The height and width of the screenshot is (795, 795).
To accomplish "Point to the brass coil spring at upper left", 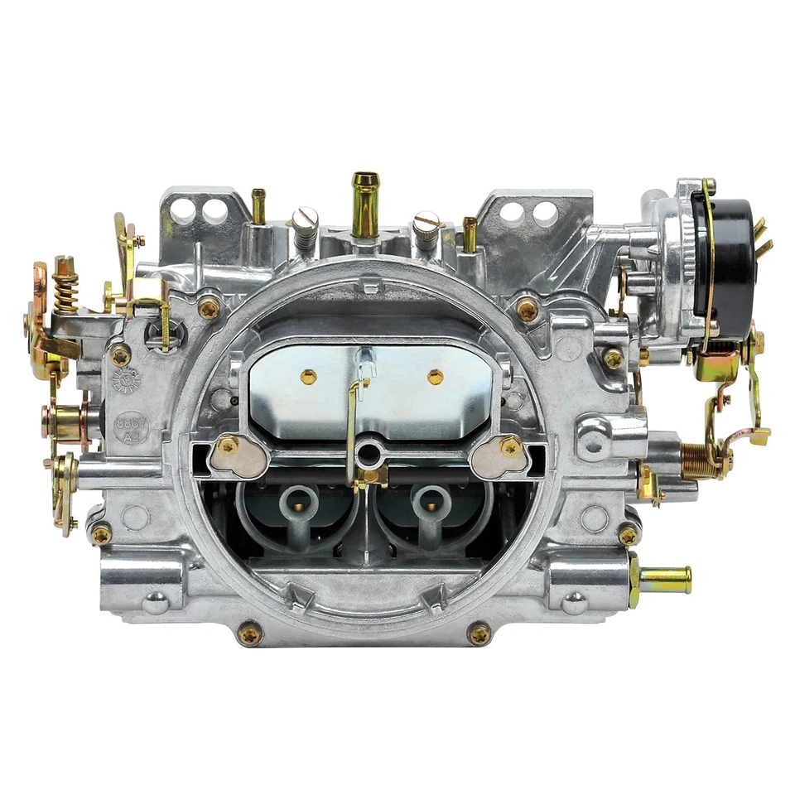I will point(65,286).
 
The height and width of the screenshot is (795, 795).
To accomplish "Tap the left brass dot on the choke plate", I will point(309,378).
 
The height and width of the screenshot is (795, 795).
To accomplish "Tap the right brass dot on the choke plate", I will point(436,378).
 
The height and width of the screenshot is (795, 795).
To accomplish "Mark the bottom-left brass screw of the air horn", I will point(249,634).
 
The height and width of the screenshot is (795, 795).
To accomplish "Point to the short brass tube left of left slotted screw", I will point(258,206).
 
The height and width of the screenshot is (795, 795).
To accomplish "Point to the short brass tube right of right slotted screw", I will point(470,234).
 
